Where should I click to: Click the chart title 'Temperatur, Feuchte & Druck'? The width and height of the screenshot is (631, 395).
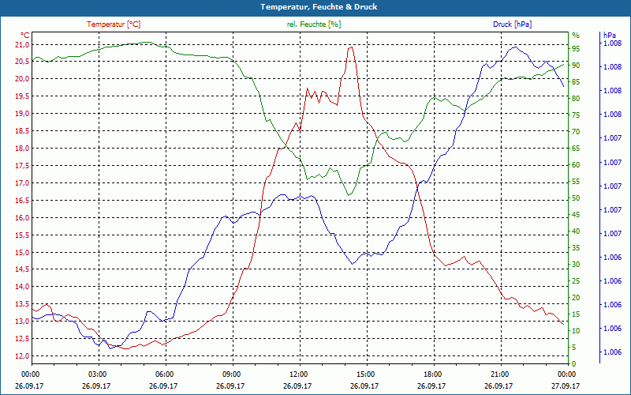315,6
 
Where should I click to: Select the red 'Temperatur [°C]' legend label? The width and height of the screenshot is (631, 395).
114,24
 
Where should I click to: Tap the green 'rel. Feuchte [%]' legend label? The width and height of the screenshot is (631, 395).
314,24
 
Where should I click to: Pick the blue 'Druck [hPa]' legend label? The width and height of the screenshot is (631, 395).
512,24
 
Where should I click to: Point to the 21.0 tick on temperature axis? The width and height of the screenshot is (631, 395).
21,44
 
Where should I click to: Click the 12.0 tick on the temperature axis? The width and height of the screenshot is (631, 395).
21,356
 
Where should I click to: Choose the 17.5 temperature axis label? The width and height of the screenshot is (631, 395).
21,166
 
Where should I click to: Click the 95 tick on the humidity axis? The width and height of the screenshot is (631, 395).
576,49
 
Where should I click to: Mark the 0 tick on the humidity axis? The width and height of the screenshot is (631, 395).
574,363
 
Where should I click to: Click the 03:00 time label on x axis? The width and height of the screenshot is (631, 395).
98,374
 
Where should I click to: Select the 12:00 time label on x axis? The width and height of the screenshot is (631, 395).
299,374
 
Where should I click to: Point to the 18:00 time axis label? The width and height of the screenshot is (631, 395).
433,374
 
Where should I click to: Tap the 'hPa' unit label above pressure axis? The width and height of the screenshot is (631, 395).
609,36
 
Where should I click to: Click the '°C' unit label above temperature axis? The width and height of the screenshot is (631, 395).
24,36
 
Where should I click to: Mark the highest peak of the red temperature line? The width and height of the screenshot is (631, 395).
350,47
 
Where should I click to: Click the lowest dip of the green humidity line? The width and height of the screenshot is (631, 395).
348,194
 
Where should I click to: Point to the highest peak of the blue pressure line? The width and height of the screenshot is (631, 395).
515,47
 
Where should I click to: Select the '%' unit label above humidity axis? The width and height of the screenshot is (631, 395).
576,36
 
